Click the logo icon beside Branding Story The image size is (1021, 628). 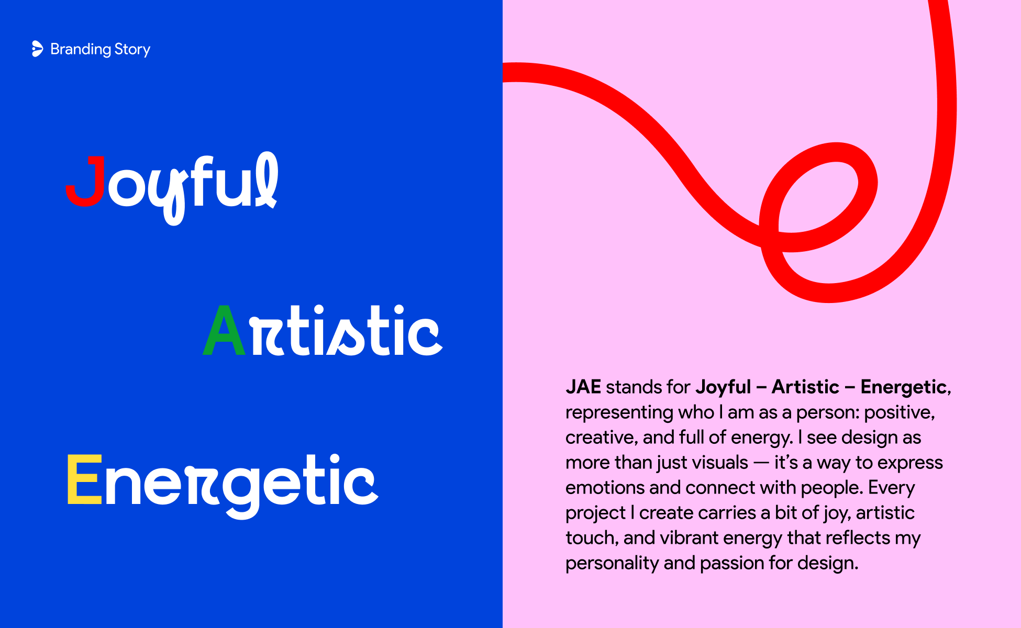[x=37, y=49]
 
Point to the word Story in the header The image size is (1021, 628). [x=132, y=50]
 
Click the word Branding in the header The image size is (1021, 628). [x=81, y=50]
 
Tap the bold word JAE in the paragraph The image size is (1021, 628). [x=583, y=387]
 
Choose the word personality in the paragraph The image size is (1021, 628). [x=612, y=564]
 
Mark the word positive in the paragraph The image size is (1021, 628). [x=900, y=413]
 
